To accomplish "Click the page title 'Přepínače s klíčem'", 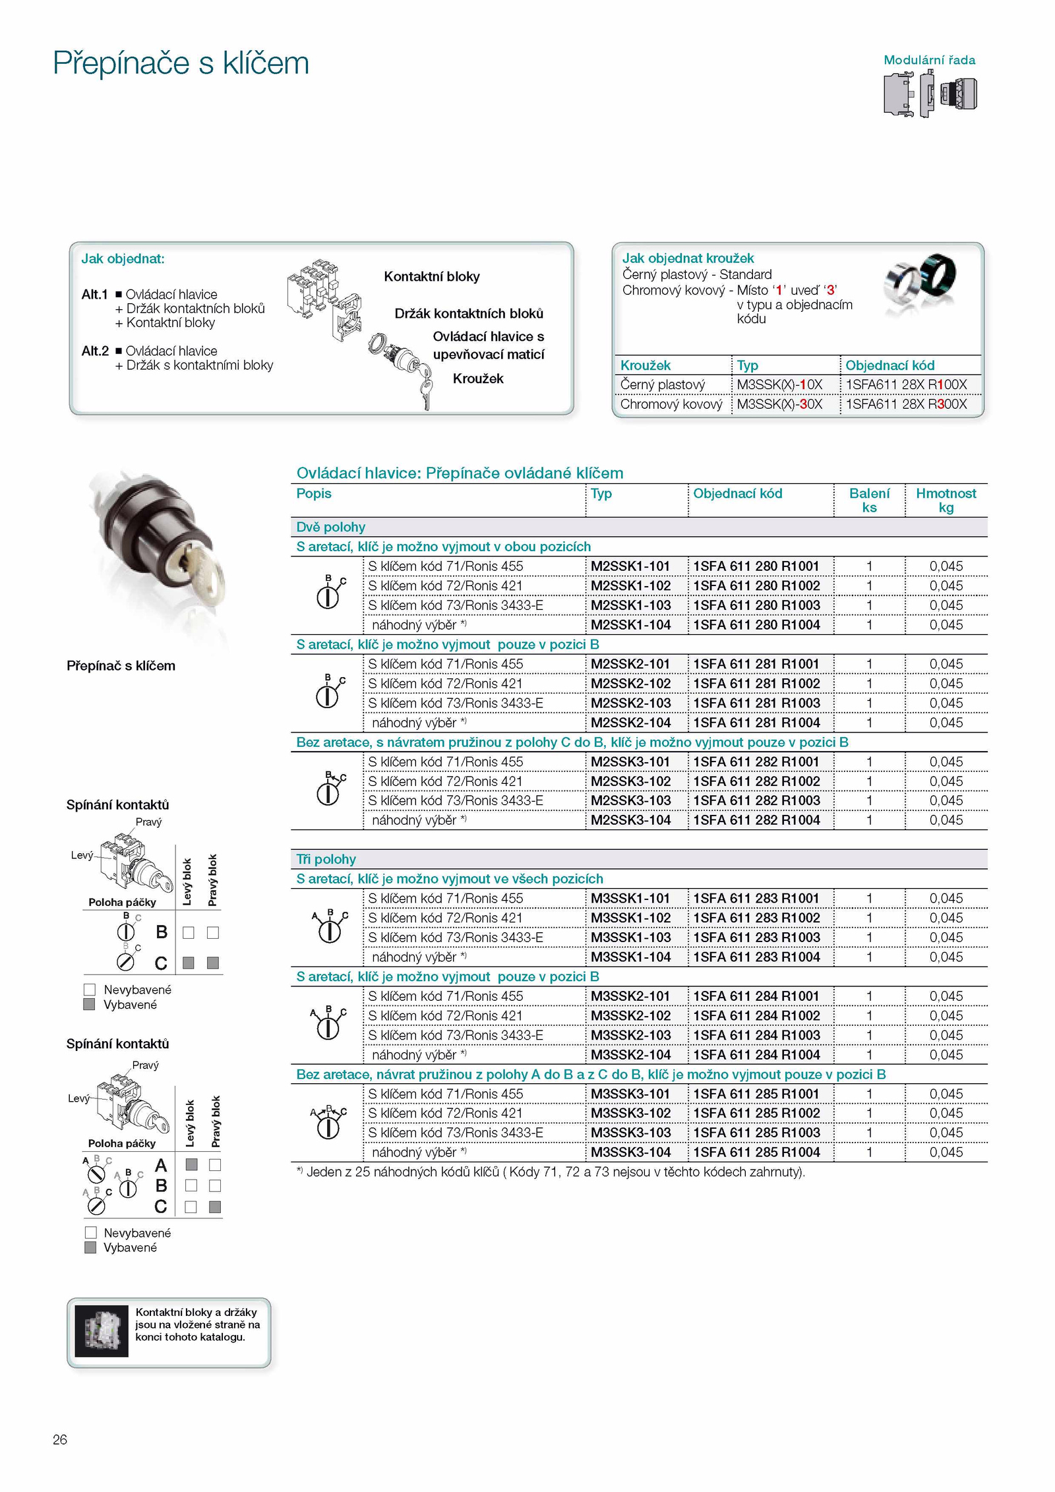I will (x=181, y=63).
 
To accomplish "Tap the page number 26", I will (x=60, y=1439).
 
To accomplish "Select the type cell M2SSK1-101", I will (x=630, y=566).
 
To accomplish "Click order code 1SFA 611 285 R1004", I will (x=756, y=1152).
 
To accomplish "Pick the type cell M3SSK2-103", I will (x=630, y=1035).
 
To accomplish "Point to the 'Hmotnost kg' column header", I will (x=946, y=500).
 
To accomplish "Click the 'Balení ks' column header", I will (x=869, y=500).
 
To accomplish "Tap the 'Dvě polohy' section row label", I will (x=330, y=527).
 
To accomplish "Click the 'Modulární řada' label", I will (x=929, y=60).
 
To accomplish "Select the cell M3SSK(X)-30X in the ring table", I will (x=779, y=404).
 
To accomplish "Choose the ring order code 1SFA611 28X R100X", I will (x=906, y=384).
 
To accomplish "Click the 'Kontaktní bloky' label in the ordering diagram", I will (x=432, y=277).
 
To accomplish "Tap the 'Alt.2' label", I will (x=95, y=351).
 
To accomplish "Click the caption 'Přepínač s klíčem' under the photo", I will (x=121, y=666).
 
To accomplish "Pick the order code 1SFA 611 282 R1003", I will (x=756, y=800).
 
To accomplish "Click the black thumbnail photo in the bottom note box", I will (x=102, y=1331).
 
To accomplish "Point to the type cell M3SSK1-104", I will (x=630, y=957).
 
